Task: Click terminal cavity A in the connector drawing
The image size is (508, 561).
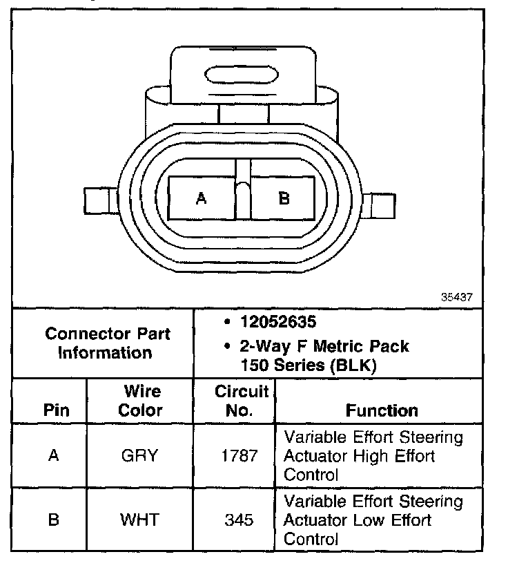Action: (202, 199)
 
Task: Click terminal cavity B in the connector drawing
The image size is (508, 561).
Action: (283, 199)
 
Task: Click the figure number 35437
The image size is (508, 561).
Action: (456, 297)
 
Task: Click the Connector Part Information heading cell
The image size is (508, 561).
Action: (108, 343)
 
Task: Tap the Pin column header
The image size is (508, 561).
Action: (57, 410)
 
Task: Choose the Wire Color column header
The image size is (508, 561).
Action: (141, 401)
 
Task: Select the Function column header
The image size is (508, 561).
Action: (382, 410)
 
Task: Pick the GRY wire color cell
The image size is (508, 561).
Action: (140, 456)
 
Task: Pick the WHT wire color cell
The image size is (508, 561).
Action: (140, 520)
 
